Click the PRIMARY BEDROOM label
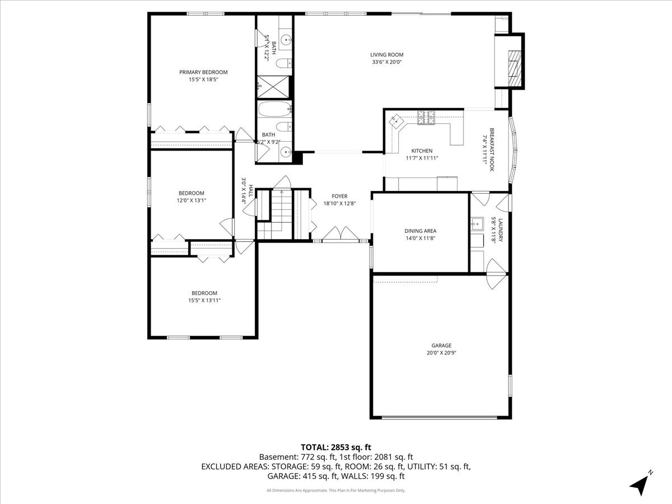pyautogui.click(x=203, y=72)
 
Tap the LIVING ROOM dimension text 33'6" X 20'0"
pyautogui.click(x=387, y=62)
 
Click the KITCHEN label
pyautogui.click(x=422, y=151)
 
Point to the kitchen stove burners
pyautogui.click(x=426, y=117)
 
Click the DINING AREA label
pyautogui.click(x=420, y=231)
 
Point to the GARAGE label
pyautogui.click(x=441, y=346)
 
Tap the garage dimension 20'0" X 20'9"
pyautogui.click(x=441, y=353)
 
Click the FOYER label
pyautogui.click(x=339, y=196)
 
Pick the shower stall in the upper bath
pyautogui.click(x=274, y=87)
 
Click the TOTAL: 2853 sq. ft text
pyautogui.click(x=336, y=447)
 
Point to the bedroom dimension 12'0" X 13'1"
pyautogui.click(x=192, y=200)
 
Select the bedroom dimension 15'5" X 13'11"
pyautogui.click(x=204, y=300)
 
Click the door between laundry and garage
pyautogui.click(x=496, y=274)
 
